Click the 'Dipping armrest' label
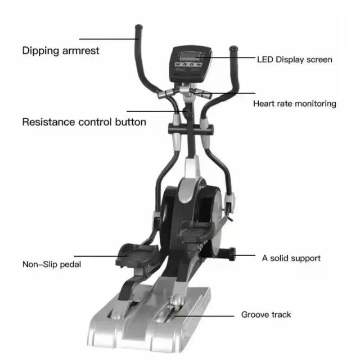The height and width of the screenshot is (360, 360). (x=61, y=50)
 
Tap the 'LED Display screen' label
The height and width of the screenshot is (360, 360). (x=294, y=59)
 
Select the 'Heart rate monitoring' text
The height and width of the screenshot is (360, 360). (x=294, y=103)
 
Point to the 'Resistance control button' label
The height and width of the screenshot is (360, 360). (x=84, y=121)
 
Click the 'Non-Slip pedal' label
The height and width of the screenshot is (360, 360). (x=52, y=264)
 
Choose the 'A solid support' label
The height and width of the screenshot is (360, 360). (x=291, y=258)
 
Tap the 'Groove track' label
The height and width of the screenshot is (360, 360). (x=266, y=315)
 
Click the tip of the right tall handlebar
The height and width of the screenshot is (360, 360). (x=233, y=48)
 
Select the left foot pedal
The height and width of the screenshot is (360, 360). (x=137, y=255)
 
